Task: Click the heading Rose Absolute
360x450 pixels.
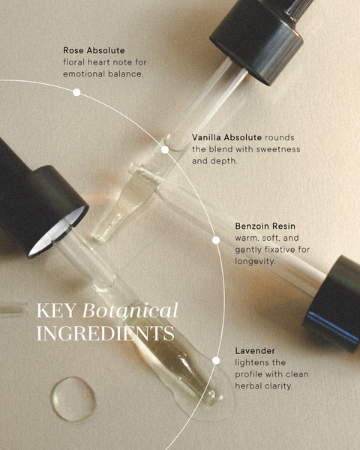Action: [x=94, y=50]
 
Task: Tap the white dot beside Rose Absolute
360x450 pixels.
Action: [x=76, y=92]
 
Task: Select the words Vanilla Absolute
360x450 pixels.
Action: [x=226, y=137]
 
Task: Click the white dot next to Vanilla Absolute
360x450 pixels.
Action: [x=165, y=149]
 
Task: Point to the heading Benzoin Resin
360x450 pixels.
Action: [x=265, y=226]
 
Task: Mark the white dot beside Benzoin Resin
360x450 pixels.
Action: [x=216, y=240]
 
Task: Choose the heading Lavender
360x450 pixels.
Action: [x=255, y=351]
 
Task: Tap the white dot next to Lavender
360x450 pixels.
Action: [x=216, y=361]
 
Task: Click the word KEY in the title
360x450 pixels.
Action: [x=56, y=311]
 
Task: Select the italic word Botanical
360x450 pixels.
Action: [x=130, y=310]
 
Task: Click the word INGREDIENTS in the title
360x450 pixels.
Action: [x=105, y=334]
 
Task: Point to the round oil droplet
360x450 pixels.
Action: [x=73, y=399]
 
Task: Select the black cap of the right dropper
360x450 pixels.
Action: [x=333, y=304]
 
